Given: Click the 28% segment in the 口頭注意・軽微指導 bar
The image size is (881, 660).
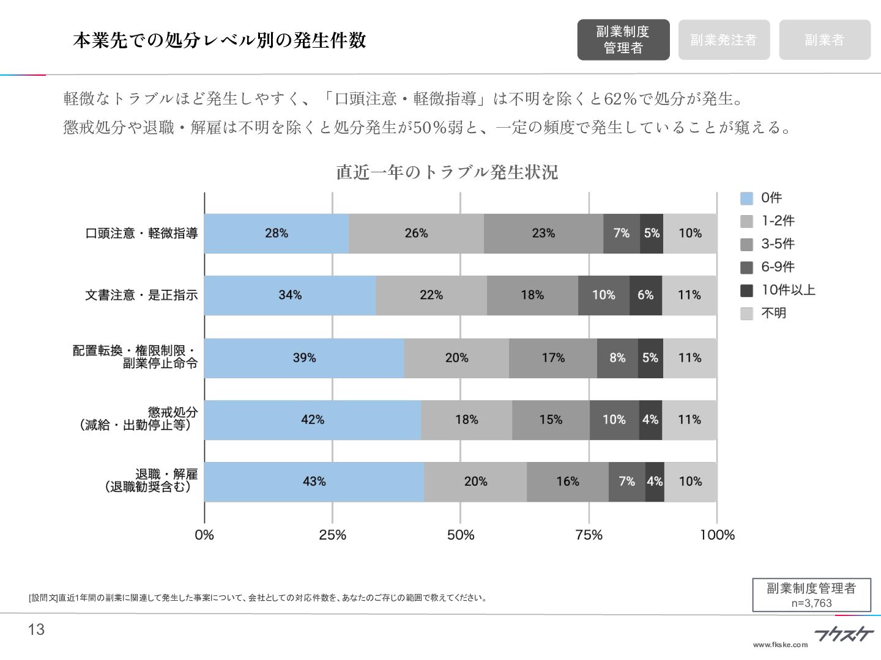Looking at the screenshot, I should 276,233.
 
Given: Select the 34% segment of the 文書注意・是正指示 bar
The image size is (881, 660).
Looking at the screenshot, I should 289,295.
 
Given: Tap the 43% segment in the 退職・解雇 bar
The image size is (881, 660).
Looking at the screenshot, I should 314,482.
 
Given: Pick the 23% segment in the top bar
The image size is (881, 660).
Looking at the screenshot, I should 543,233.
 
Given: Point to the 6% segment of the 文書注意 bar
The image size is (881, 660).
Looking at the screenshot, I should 645,295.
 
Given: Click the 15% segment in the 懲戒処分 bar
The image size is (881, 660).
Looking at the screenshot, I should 551,420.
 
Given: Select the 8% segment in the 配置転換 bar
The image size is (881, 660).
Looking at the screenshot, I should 617,358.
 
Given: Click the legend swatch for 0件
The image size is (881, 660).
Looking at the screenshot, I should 746,199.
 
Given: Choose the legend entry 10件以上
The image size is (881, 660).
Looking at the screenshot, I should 787,290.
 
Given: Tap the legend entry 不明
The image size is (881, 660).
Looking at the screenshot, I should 773,313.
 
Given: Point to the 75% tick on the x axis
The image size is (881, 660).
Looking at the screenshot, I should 589,535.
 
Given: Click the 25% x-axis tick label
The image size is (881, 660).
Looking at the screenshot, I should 332,535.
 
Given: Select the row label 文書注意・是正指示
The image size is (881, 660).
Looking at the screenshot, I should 141,295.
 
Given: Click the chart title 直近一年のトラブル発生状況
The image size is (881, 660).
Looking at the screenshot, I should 447,172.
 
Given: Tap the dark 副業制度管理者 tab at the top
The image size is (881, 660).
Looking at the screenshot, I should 623,40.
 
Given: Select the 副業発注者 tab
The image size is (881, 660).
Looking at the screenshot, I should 724,40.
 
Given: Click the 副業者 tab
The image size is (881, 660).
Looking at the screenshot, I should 824,40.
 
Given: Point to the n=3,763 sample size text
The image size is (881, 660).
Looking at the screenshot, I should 811,603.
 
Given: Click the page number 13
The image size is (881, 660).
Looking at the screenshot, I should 37,630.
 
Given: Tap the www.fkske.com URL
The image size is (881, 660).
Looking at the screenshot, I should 780,645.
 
